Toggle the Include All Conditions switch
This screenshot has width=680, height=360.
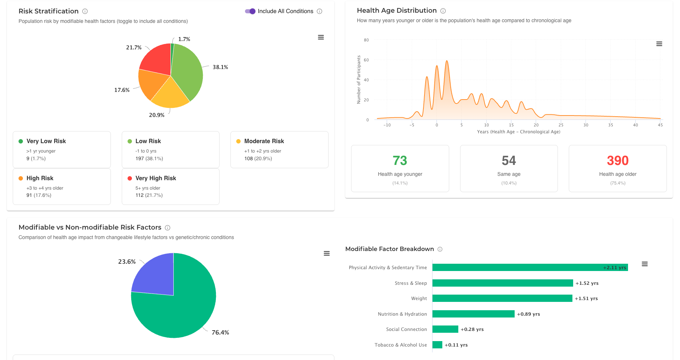pos(250,11)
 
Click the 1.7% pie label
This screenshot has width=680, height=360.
pos(184,39)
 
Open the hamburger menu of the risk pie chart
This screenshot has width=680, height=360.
pos(321,37)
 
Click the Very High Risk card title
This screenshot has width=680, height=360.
pos(156,178)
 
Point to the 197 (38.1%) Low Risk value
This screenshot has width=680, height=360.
pos(149,158)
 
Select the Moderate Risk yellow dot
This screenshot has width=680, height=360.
pos(238,141)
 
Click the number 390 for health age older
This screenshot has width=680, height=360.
pos(617,161)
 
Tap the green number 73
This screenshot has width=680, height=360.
pos(400,161)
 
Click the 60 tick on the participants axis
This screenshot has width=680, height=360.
pos(366,60)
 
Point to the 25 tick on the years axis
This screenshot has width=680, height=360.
pos(561,125)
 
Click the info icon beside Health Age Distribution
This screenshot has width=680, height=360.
pos(443,11)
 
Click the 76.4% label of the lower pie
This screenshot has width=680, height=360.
pos(220,332)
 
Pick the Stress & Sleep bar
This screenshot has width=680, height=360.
pos(502,283)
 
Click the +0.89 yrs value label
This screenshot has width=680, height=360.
pos(528,314)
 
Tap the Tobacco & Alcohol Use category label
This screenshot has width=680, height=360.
pos(401,345)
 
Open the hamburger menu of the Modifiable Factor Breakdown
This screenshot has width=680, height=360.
pos(644,264)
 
